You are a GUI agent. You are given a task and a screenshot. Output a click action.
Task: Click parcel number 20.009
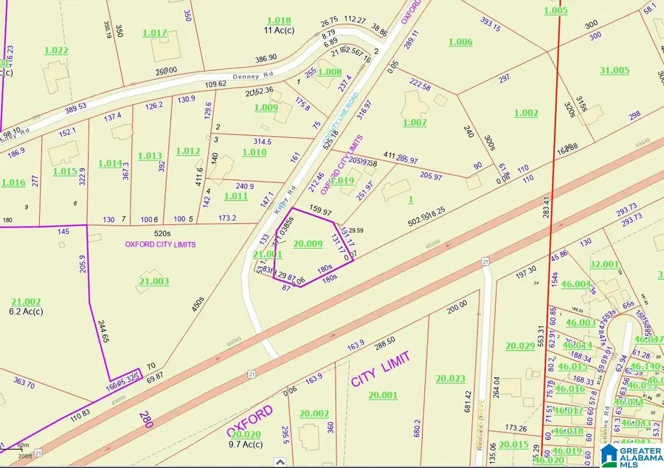[307, 243]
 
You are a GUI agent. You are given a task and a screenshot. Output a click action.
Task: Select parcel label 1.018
[279, 20]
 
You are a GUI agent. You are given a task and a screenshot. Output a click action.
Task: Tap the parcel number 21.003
[153, 281]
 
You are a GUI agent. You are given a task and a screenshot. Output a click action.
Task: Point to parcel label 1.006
[460, 42]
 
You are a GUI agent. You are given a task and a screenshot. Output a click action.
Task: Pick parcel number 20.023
[450, 379]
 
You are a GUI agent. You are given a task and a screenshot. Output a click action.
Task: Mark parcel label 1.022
[56, 50]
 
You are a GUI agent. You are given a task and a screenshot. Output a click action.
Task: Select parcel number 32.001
[604, 264]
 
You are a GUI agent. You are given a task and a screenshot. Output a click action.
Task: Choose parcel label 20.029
[519, 345]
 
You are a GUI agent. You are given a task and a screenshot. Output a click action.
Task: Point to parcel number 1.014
[110, 163]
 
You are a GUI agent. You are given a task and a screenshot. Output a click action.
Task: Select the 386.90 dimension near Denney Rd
[266, 58]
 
